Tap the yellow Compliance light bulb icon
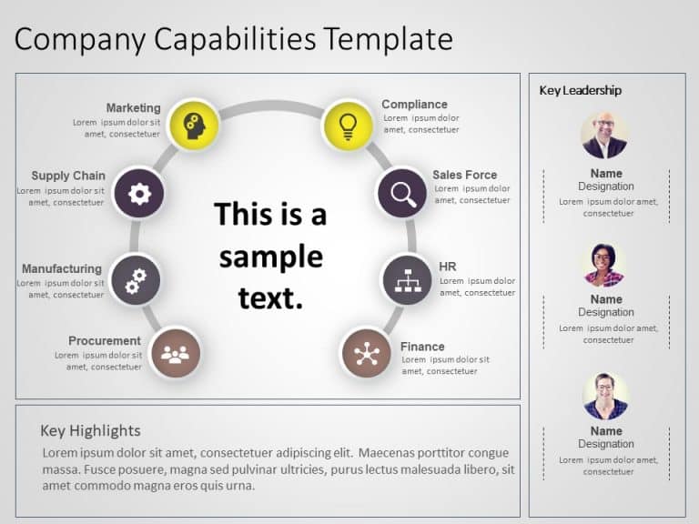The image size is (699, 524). pos(348,125)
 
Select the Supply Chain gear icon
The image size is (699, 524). pos(139,193)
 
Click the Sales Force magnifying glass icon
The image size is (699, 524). pos(401,193)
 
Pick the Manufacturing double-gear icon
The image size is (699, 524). pos(135,279)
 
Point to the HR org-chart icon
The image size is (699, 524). pos(406,279)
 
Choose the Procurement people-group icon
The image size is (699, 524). pos(175,352)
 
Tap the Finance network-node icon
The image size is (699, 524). pos(366,353)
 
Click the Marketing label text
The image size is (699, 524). pos(133,107)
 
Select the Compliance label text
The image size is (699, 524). pos(414,105)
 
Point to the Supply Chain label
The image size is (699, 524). pos(68,176)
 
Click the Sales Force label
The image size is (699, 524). pos(464,175)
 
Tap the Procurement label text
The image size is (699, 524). pos(105,341)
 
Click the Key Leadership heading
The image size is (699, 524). pos(581,90)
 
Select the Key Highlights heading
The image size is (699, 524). pos(90,430)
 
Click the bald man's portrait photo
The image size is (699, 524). pos(604,136)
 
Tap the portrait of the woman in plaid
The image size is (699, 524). pos(604,265)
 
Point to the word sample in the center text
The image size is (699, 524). pos(270,257)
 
